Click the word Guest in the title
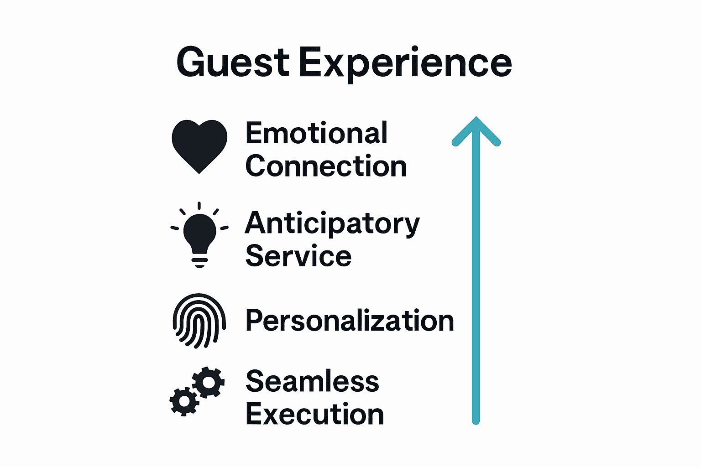233,63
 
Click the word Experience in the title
405,64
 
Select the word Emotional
317,133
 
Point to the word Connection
326,166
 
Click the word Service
298,256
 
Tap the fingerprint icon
199,320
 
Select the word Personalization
350,321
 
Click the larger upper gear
209,382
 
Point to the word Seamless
312,381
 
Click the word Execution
315,414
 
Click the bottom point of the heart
199,171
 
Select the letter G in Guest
192,63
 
